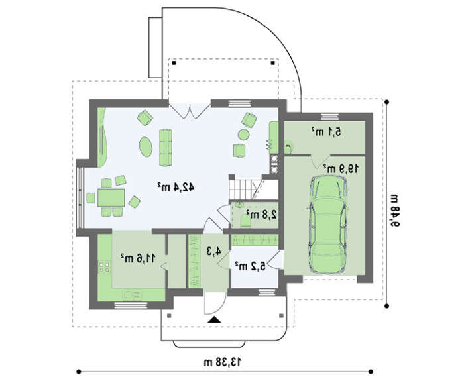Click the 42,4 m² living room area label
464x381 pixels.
[176, 186]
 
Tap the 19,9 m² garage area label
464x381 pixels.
[341, 168]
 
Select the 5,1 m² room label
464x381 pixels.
[326, 132]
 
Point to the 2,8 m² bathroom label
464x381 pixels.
[262, 215]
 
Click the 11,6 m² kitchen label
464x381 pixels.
[138, 258]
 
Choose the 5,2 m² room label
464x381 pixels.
[251, 266]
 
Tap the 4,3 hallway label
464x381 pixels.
[213, 251]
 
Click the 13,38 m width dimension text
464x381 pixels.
[223, 362]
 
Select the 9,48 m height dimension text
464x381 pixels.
[395, 210]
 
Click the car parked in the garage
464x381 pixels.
[327, 225]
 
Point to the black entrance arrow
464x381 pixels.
[214, 320]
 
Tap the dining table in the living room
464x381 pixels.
[111, 197]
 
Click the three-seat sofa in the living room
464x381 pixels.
[166, 147]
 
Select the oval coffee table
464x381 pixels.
[146, 146]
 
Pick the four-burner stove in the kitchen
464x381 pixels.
[104, 266]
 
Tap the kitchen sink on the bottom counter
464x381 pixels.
[132, 295]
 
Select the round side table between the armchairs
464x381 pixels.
[243, 135]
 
